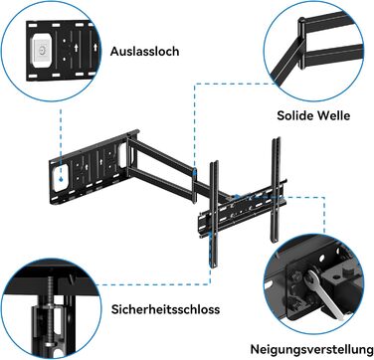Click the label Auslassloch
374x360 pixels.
pyautogui.click(x=144, y=52)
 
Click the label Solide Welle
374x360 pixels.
pyautogui.click(x=313, y=115)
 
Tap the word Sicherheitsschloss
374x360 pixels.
pyautogui.click(x=165, y=309)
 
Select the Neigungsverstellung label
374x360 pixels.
pyautogui.click(x=311, y=349)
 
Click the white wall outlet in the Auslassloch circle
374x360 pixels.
pyautogui.click(x=42, y=51)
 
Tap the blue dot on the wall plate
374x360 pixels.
pyautogui.click(x=61, y=179)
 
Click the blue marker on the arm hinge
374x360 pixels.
pyautogui.click(x=194, y=172)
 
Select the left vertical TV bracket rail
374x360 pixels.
pyautogui.click(x=214, y=214)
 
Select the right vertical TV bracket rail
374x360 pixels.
pyautogui.click(x=277, y=189)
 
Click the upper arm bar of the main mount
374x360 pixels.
pyautogui.click(x=161, y=153)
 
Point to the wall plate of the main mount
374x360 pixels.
pyautogui.click(x=90, y=167)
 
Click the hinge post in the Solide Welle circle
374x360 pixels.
pyautogui.click(x=301, y=43)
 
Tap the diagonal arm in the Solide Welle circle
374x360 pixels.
pyautogui.click(x=285, y=63)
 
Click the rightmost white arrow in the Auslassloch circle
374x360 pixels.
pyautogui.click(x=95, y=47)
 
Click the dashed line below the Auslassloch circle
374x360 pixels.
pyautogui.click(x=61, y=142)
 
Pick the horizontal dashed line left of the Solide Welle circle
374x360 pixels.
pyautogui.click(x=235, y=84)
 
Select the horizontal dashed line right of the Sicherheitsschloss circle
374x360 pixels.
pyautogui.click(x=153, y=284)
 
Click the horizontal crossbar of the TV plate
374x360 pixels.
pyautogui.click(x=242, y=212)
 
